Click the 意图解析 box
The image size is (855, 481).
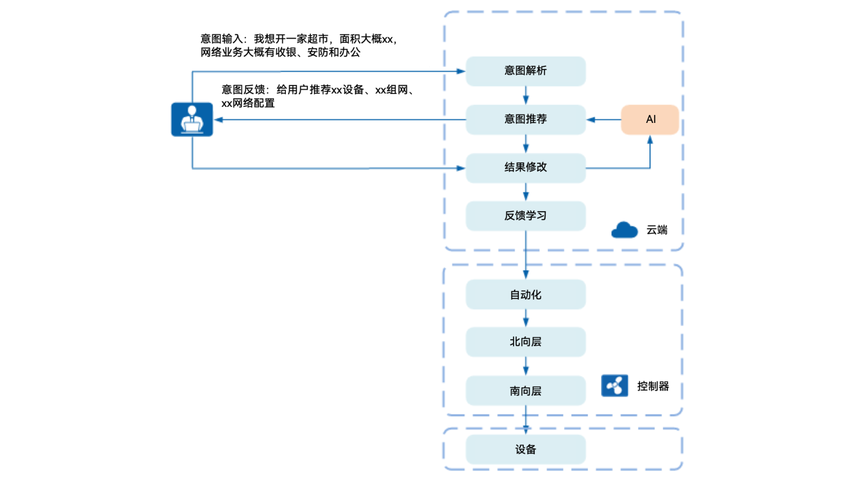click(x=525, y=71)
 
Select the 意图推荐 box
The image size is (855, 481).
click(x=525, y=119)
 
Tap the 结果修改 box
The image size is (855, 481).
click(x=525, y=168)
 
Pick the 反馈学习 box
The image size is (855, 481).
click(x=525, y=216)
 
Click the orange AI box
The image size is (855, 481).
click(x=650, y=119)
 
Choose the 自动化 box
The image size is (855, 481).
click(x=525, y=294)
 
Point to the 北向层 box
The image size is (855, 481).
click(x=525, y=342)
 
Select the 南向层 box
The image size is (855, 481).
click(x=525, y=391)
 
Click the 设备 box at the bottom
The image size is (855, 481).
click(x=525, y=449)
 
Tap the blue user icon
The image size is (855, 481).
click(x=192, y=119)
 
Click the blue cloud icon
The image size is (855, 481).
click(x=624, y=230)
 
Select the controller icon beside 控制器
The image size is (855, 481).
click(x=615, y=385)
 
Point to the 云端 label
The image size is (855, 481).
click(x=657, y=230)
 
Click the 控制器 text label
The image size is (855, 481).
click(x=652, y=386)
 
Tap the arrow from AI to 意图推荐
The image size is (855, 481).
click(x=603, y=120)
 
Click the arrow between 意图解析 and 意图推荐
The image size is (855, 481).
click(x=526, y=96)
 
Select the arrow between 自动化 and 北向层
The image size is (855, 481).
click(x=526, y=319)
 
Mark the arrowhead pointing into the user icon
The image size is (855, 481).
click(x=218, y=120)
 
